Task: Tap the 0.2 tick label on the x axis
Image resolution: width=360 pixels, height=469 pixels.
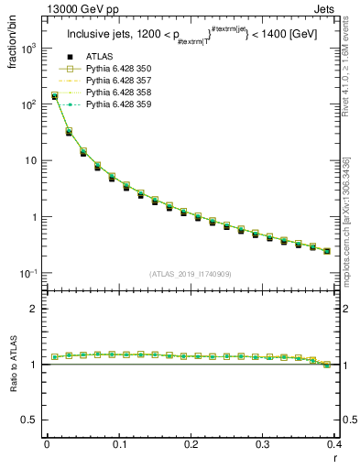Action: [x=191, y=444]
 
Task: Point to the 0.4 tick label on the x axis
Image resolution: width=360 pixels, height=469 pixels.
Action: [x=334, y=444]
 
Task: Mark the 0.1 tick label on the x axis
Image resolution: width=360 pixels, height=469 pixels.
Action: [x=118, y=444]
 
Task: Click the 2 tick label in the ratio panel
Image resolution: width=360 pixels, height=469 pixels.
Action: [x=35, y=309]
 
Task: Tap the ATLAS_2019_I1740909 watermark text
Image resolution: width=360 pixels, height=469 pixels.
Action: [x=191, y=273]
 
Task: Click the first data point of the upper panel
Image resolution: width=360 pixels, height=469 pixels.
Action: [x=54, y=95]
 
